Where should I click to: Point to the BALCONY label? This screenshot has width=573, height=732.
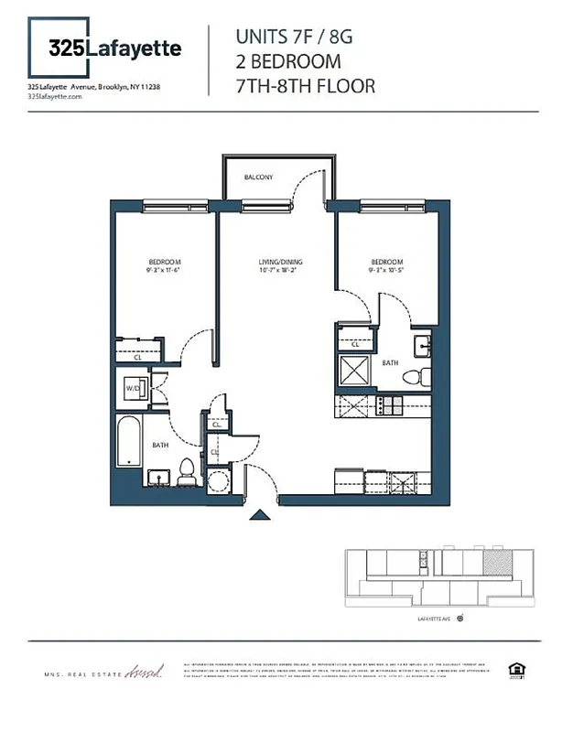pyautogui.click(x=258, y=177)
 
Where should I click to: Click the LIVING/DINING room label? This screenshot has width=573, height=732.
pyautogui.click(x=279, y=262)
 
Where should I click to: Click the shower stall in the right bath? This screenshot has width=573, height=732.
pyautogui.click(x=353, y=371)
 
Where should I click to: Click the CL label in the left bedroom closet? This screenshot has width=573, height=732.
pyautogui.click(x=137, y=358)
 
